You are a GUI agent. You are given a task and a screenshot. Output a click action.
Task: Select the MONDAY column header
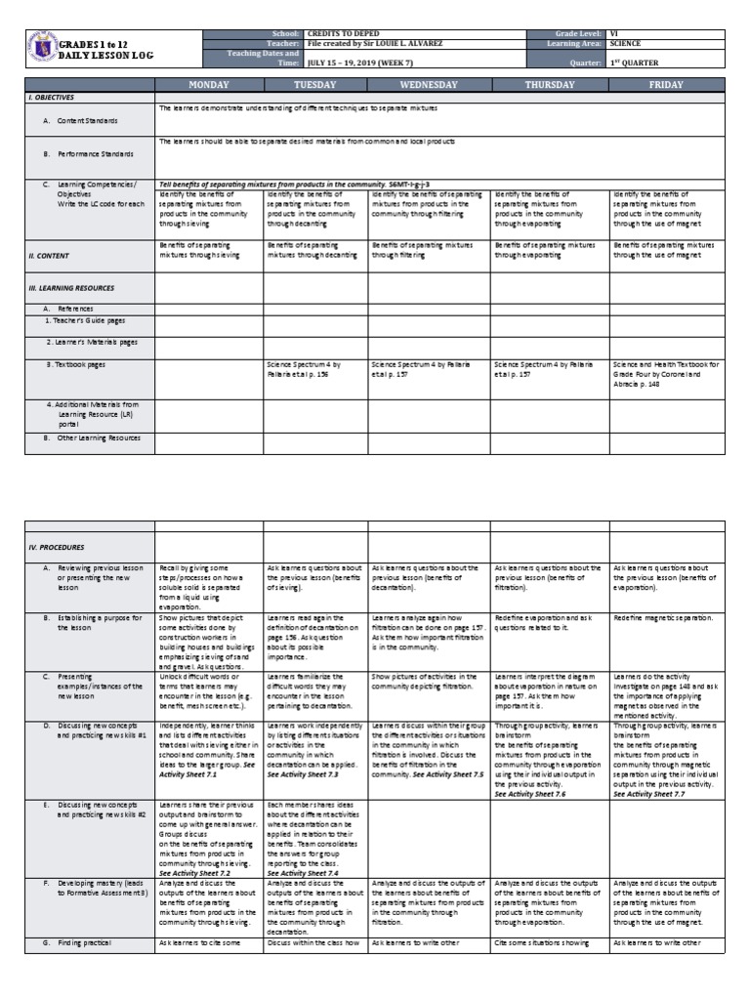[208, 85]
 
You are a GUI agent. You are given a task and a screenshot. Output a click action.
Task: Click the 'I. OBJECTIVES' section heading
[52, 99]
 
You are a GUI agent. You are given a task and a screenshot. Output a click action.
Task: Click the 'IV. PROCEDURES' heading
[57, 547]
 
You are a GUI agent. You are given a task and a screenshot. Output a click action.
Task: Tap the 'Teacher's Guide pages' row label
[85, 320]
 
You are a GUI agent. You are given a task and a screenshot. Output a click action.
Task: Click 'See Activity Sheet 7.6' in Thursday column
[529, 795]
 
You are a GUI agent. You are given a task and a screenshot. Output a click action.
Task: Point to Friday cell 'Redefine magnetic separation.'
[664, 618]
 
